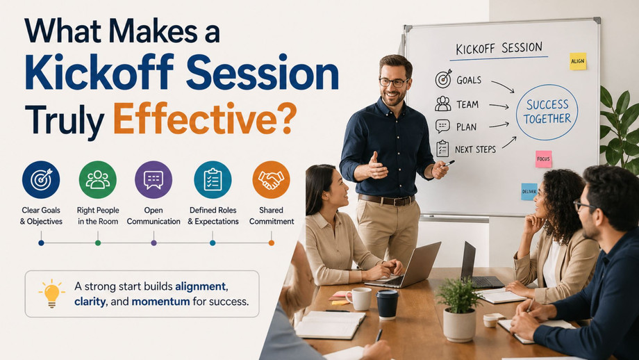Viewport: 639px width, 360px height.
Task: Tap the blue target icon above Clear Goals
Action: [41, 180]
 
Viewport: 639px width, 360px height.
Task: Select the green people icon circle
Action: [98, 180]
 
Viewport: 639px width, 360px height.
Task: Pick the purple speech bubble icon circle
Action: [153, 180]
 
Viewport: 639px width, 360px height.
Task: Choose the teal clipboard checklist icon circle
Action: [213, 180]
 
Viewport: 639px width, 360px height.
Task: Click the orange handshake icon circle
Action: [271, 180]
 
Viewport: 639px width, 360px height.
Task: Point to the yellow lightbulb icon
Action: [52, 293]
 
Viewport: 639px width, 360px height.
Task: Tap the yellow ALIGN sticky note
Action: [578, 61]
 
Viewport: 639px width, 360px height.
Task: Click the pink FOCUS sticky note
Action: [544, 159]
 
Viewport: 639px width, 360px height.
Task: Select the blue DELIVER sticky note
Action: [529, 192]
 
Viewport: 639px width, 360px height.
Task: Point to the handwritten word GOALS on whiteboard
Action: [469, 80]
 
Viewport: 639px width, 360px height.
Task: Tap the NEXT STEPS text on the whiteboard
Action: [475, 149]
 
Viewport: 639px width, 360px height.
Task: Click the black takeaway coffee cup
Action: [387, 305]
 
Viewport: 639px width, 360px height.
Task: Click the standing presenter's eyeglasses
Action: [394, 82]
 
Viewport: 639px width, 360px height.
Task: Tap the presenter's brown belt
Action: [386, 200]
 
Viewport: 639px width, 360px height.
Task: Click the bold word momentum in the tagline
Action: [160, 302]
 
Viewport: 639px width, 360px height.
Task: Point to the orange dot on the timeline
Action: [272, 243]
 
